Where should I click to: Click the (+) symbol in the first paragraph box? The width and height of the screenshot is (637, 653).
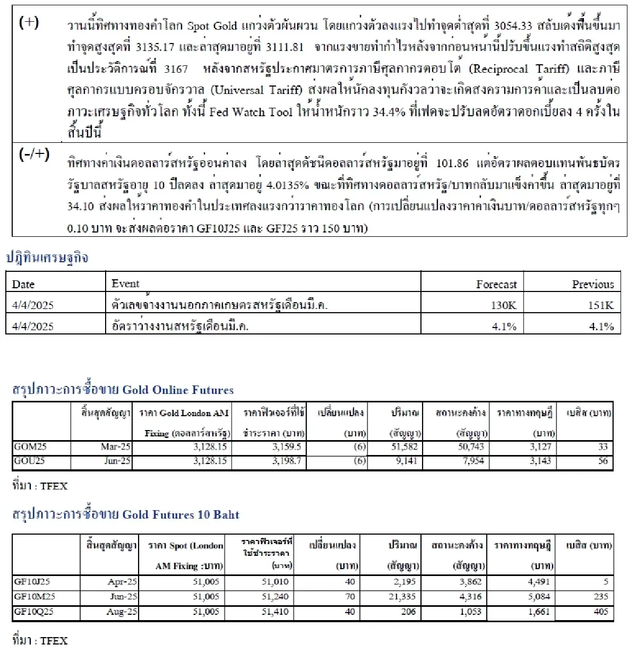(x=29, y=23)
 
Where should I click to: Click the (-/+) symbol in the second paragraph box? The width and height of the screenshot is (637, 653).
(x=34, y=154)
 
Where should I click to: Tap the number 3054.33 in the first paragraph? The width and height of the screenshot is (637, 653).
(x=513, y=26)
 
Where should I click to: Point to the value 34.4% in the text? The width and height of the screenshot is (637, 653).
(x=389, y=112)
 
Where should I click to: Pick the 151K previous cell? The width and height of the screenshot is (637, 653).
(x=601, y=305)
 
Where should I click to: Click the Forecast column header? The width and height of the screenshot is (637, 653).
(x=496, y=285)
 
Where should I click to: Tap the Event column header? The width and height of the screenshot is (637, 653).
(x=125, y=284)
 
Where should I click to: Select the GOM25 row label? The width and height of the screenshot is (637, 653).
(x=30, y=447)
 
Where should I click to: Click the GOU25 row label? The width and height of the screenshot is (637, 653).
(x=29, y=461)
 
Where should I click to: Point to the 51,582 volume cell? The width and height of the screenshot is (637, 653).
(x=404, y=447)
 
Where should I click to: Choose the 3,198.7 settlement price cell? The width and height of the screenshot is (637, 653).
(x=287, y=461)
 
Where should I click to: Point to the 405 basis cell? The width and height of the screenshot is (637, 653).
(x=601, y=612)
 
